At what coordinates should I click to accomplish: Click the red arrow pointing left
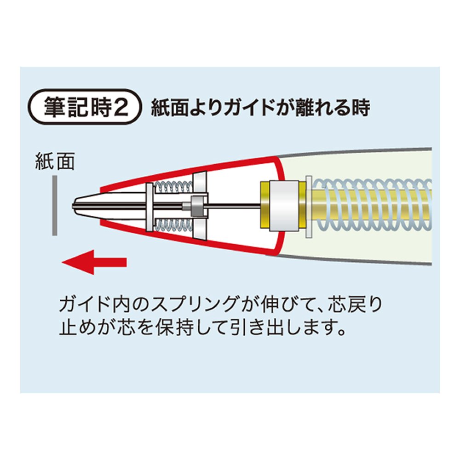[94, 262]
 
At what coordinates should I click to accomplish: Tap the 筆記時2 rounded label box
[85, 107]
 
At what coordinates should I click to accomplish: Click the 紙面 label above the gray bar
[55, 161]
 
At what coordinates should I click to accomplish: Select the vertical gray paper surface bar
[54, 205]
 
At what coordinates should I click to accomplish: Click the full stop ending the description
[340, 332]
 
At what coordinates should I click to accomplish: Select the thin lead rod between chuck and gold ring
[231, 205]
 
